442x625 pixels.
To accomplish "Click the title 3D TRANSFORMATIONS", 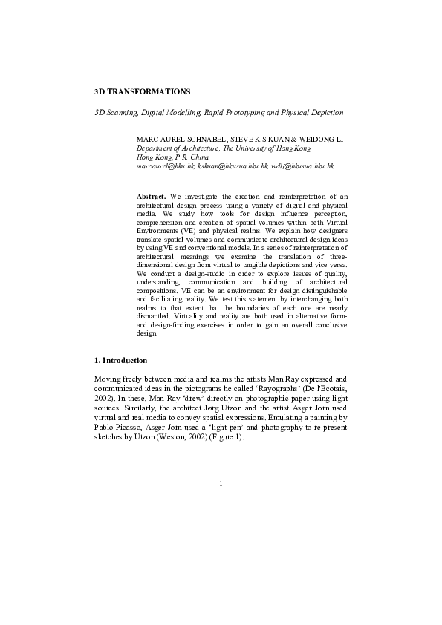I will point(142,91).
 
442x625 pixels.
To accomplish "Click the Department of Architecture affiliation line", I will point(224,148).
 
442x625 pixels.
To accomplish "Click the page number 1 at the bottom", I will point(221,484).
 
